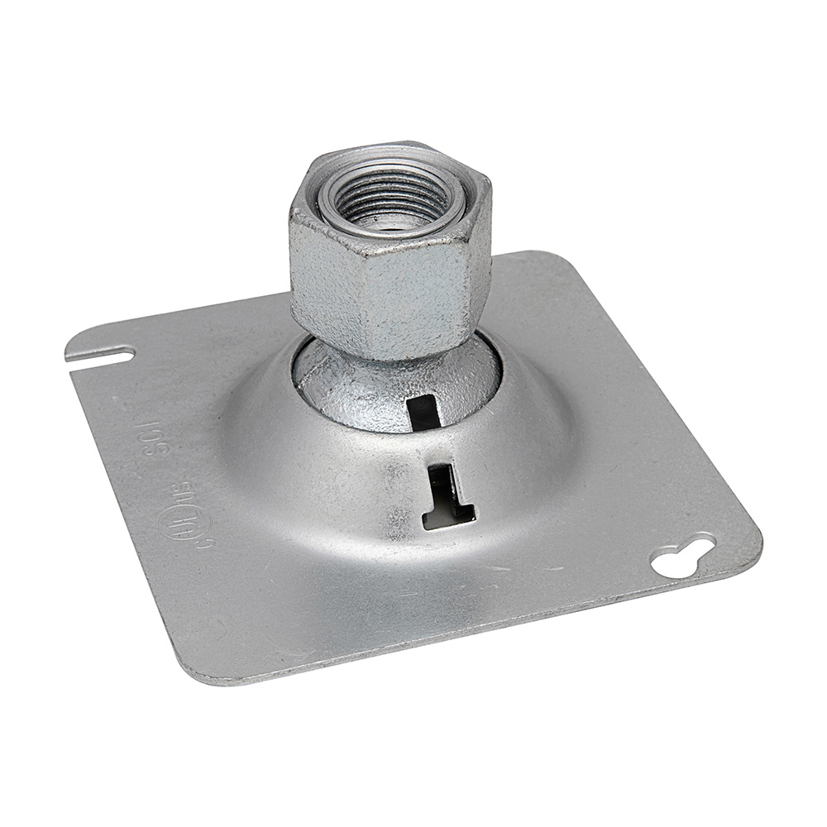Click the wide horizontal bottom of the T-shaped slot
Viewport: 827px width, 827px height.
(449, 517)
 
